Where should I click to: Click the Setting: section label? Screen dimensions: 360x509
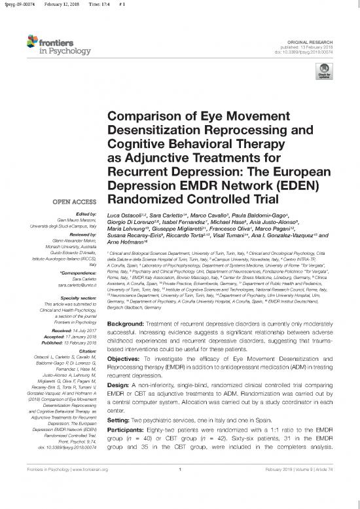pos(120,402)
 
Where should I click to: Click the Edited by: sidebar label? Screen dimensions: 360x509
pos(86,216)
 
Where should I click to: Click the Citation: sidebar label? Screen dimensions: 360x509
pos(88,350)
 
